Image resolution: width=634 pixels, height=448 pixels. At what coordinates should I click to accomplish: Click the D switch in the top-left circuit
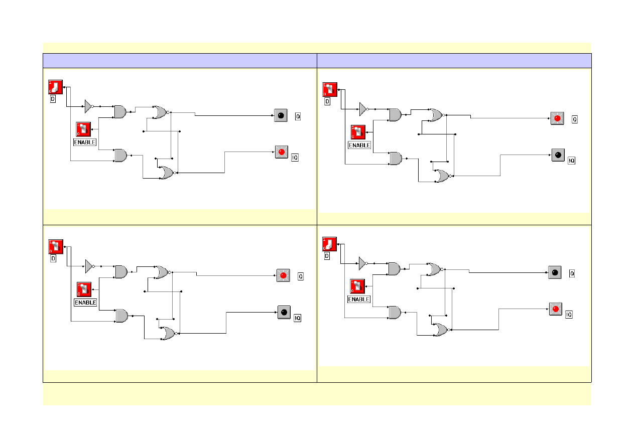point(55,87)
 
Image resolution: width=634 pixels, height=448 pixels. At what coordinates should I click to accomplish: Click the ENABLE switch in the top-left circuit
point(83,129)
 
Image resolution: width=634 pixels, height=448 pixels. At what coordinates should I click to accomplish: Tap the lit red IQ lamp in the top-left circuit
point(282,152)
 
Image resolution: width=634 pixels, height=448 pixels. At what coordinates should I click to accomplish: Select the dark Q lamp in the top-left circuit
point(281,115)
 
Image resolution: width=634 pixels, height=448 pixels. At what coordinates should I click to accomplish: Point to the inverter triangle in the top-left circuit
point(88,106)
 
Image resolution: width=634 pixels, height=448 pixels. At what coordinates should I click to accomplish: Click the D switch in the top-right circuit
point(329,90)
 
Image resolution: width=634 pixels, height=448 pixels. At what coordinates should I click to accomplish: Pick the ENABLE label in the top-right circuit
point(359,145)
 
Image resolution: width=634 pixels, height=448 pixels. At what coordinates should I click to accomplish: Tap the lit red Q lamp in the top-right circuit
point(556,118)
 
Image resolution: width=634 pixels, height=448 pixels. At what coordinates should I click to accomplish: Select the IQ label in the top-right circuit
point(571,161)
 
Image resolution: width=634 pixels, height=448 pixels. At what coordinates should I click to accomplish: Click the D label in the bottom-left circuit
point(53,259)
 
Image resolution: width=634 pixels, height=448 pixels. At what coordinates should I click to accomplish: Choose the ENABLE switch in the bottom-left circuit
point(84,289)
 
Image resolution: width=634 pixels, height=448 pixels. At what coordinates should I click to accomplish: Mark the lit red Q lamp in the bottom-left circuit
point(283,275)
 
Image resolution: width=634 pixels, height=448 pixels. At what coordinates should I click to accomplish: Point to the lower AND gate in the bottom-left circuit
point(121,316)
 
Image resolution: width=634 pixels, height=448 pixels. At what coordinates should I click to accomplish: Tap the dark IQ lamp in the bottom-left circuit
point(284,313)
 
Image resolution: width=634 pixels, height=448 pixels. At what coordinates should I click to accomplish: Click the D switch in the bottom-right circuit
point(329,244)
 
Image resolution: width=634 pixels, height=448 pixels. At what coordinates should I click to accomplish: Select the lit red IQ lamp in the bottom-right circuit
point(555,309)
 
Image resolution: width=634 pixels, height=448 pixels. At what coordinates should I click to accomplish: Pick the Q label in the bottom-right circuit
point(572,273)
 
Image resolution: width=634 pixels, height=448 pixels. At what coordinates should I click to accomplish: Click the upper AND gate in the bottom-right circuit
point(395,269)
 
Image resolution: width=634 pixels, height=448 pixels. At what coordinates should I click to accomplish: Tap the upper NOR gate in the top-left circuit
point(161,112)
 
